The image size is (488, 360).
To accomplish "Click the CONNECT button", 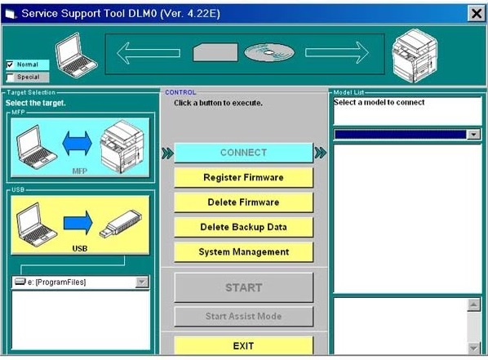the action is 243,153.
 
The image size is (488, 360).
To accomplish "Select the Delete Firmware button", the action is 243,202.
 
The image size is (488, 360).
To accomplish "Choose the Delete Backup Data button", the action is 243,227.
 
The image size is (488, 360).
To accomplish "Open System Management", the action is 243,252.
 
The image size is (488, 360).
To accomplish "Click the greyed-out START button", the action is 243,287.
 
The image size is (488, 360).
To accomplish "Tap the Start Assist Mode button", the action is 243,317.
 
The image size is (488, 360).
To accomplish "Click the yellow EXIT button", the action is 243,345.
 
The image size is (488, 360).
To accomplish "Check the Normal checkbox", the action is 10,64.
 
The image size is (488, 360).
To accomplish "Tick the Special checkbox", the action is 10,77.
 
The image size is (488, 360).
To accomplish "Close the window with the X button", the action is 477,13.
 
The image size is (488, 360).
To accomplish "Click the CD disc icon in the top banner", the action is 269,52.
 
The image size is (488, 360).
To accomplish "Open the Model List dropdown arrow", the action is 473,135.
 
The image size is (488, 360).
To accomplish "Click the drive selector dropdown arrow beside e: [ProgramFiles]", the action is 142,282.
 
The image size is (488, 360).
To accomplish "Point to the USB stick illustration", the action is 121,224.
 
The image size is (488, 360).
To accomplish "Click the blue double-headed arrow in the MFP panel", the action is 78,143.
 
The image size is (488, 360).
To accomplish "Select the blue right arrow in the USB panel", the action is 78,223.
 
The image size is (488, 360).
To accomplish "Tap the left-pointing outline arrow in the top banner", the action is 149,53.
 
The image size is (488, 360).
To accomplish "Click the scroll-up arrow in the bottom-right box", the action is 473,304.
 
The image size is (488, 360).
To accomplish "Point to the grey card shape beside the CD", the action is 215,52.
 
